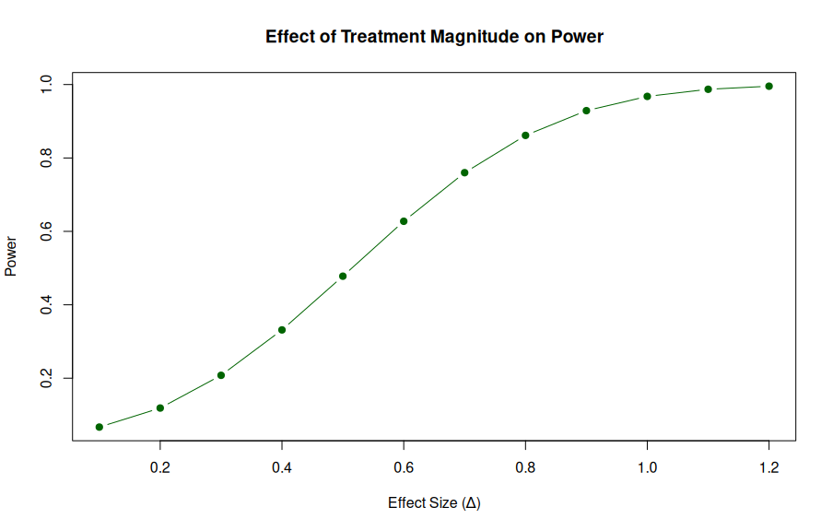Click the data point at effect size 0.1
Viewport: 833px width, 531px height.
tap(100, 427)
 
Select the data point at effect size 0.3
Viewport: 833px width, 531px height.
tap(221, 375)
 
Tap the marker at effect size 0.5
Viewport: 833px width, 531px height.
tap(343, 276)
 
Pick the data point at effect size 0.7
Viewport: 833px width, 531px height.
tap(464, 172)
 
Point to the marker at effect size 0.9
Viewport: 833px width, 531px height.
tap(586, 111)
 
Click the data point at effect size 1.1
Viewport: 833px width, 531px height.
tap(708, 89)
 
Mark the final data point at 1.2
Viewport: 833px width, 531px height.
tap(768, 87)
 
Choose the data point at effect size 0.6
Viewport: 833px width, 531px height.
tap(404, 221)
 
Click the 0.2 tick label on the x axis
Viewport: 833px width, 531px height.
tap(160, 468)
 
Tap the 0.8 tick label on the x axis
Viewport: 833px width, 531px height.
tap(525, 468)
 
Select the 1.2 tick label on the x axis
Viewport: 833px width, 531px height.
tap(768, 468)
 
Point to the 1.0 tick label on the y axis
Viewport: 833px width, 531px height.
tap(46, 85)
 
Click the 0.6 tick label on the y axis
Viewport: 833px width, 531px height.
tap(46, 231)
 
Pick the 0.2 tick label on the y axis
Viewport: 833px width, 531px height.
tap(46, 379)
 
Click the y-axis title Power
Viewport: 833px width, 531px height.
tap(12, 258)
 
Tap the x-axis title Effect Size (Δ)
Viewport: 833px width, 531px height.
tap(434, 503)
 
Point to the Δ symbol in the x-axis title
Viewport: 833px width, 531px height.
tap(471, 503)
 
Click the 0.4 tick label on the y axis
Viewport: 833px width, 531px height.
tap(46, 305)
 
